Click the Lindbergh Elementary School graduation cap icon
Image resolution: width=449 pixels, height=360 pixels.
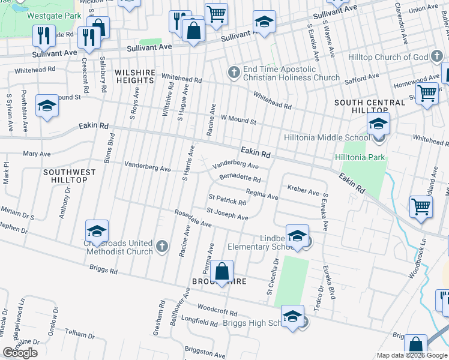click(x=297, y=236)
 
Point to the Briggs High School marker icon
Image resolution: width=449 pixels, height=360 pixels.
click(x=292, y=316)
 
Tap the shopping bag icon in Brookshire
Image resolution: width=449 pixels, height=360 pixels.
click(x=222, y=271)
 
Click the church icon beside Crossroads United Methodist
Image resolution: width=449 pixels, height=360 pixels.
click(x=161, y=246)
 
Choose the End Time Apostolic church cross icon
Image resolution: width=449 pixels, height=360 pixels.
click(x=234, y=73)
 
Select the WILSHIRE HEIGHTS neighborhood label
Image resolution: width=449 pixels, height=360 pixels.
click(x=135, y=76)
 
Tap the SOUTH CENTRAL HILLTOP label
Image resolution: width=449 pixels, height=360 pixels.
click(x=370, y=107)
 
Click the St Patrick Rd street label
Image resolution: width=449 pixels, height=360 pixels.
click(x=227, y=199)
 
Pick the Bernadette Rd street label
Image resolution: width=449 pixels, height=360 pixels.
click(x=240, y=178)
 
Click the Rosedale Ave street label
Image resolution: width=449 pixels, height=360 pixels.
click(x=193, y=218)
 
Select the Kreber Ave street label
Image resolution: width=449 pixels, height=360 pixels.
click(x=303, y=191)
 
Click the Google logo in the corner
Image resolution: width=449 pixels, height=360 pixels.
click(x=20, y=353)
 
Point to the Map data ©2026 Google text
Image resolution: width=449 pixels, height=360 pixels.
click(x=412, y=356)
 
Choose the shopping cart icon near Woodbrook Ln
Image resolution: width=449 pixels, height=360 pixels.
click(x=421, y=206)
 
